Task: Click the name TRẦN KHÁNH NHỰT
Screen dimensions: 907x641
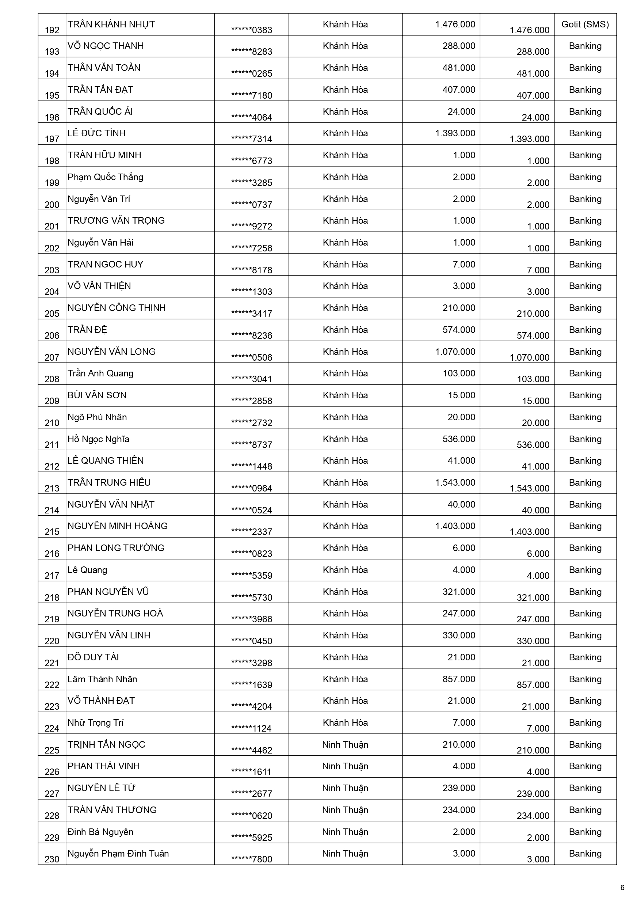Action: [111, 24]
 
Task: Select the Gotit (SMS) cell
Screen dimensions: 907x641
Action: [585, 24]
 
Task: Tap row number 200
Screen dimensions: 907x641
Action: [52, 205]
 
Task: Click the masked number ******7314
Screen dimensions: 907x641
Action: [252, 139]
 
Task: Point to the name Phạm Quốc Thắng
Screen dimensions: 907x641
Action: [106, 177]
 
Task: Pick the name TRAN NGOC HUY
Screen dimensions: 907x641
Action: [106, 264]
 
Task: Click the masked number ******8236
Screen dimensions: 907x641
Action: [252, 335]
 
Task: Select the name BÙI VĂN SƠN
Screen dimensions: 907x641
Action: [97, 395]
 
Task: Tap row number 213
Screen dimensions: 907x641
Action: [52, 488]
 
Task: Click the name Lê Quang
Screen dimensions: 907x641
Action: [87, 570]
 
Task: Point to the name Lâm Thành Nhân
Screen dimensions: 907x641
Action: [102, 679]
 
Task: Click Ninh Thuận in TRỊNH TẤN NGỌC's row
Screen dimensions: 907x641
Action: [345, 745]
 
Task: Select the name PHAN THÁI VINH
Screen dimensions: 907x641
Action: [103, 766]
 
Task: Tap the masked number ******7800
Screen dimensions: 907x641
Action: [252, 859]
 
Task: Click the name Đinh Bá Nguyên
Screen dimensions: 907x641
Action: [100, 832]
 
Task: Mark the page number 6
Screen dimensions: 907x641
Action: [622, 888]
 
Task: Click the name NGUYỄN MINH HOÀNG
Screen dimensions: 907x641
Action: [118, 526]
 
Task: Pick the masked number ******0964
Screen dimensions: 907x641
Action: [252, 488]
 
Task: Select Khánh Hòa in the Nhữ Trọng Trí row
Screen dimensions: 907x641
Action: [345, 722]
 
